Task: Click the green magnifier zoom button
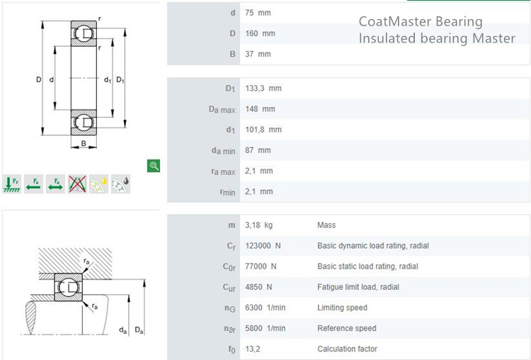tap(154, 166)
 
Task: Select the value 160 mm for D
tap(260, 33)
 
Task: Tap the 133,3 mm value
tap(263, 89)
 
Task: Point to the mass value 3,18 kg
tap(258, 225)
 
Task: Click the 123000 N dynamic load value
tap(263, 246)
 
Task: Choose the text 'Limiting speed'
tap(342, 308)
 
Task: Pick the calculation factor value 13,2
tap(253, 349)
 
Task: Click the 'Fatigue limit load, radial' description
tap(358, 287)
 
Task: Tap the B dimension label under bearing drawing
tap(84, 144)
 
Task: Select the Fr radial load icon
tap(12, 184)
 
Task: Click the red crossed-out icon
tap(77, 184)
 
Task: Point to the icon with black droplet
tap(120, 184)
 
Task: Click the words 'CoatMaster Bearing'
tap(421, 22)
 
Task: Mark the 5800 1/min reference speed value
tap(265, 329)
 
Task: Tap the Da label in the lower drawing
tap(139, 330)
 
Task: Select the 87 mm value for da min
tap(258, 150)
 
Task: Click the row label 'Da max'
tap(222, 110)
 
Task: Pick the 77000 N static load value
tap(261, 266)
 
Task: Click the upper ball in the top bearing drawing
tap(84, 33)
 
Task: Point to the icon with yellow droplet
tap(99, 184)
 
